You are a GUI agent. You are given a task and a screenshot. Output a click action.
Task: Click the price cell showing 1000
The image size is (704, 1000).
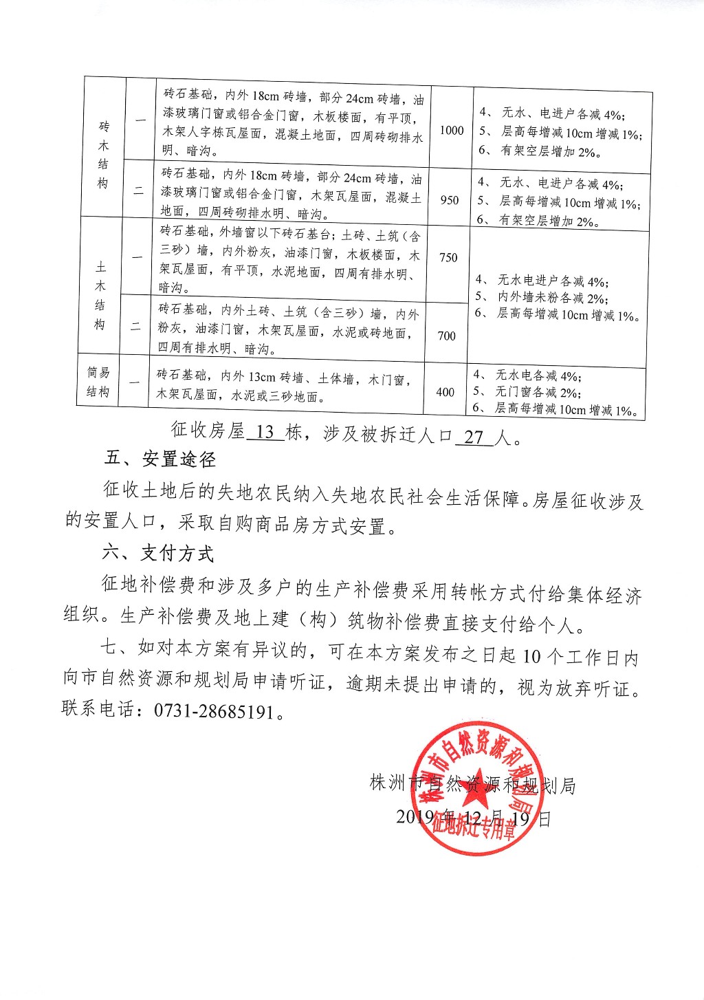452,131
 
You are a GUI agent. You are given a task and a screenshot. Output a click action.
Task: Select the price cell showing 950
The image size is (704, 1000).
449,200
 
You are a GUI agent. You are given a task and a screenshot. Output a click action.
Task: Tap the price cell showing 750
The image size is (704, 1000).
448,257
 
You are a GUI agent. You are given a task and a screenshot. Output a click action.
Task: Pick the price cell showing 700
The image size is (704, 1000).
446,336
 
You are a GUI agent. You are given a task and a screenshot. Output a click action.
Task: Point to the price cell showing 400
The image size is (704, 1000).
445,392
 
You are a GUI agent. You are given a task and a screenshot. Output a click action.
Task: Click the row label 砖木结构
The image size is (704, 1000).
104,155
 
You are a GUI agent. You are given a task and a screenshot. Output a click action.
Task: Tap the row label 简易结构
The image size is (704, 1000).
98,382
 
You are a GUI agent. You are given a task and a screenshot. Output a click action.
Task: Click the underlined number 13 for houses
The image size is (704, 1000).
265,432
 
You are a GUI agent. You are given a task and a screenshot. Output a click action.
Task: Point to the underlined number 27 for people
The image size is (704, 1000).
474,437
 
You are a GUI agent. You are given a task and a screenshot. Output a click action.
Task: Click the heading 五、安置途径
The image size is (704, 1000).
160,458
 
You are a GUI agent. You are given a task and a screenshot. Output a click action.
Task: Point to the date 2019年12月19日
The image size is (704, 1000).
474,818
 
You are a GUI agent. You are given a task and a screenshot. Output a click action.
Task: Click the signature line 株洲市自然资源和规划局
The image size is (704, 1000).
472,785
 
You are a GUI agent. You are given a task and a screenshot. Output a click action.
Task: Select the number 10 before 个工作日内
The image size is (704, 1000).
532,656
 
